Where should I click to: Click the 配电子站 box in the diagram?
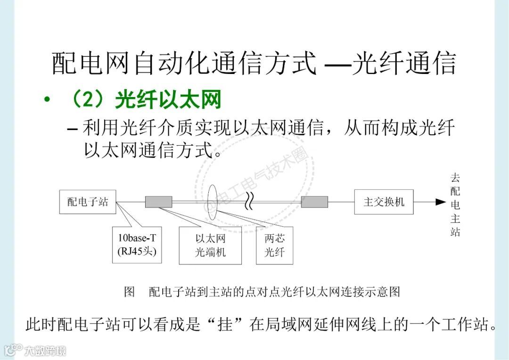click(88, 202)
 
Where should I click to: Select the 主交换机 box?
click(384, 202)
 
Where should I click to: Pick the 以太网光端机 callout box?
click(210, 245)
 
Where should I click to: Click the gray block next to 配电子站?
click(159, 202)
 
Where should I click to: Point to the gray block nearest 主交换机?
click(314, 202)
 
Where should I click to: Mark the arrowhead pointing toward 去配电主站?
click(440, 202)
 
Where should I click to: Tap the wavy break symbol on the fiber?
click(250, 203)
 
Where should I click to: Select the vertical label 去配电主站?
click(455, 205)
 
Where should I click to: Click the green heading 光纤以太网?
click(168, 100)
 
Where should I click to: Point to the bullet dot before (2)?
click(46, 101)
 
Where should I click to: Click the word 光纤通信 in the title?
click(404, 64)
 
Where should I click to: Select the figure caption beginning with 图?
click(262, 292)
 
